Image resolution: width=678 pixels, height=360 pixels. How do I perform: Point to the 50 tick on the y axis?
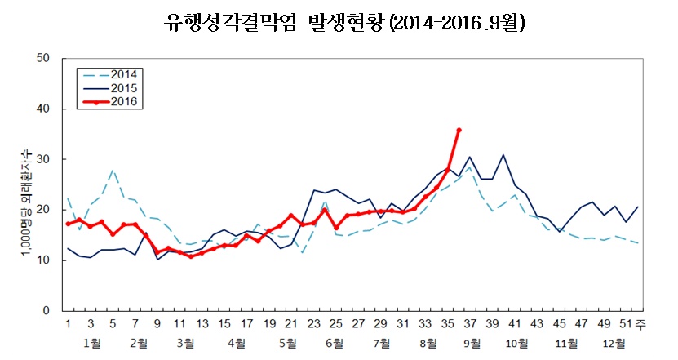(x=45, y=58)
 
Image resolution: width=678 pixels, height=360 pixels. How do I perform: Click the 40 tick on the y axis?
(x=45, y=109)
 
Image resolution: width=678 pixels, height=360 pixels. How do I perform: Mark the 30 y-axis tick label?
(x=45, y=159)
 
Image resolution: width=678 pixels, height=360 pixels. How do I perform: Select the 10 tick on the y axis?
(x=45, y=260)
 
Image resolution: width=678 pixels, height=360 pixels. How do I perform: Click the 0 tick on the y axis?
(x=47, y=311)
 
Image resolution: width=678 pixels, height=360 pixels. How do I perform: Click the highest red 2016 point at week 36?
(x=459, y=130)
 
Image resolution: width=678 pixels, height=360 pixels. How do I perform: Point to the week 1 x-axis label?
(x=68, y=324)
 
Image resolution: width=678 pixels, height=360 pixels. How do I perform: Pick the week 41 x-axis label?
(x=515, y=324)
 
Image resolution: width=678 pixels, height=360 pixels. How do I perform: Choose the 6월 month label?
(x=333, y=343)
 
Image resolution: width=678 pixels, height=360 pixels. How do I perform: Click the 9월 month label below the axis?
(x=472, y=343)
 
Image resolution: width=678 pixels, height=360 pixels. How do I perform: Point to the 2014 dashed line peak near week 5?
(x=113, y=171)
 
